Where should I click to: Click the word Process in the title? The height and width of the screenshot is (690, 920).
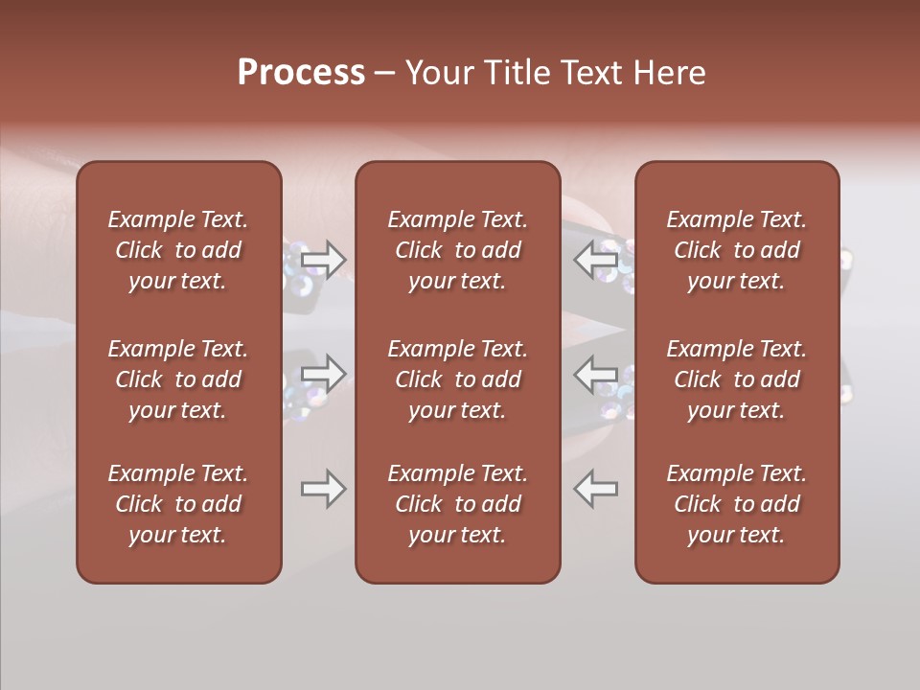(x=301, y=73)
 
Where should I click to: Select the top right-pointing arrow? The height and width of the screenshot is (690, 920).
(x=324, y=259)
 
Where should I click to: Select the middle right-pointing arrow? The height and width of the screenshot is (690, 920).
(x=324, y=374)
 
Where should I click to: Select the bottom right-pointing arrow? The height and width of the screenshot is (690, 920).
(x=324, y=489)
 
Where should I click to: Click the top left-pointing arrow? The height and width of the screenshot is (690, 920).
(x=596, y=259)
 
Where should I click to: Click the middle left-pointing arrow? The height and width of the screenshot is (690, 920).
(x=596, y=374)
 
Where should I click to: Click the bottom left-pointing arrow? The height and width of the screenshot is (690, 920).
(x=596, y=489)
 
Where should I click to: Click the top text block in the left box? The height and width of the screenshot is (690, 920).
(x=178, y=250)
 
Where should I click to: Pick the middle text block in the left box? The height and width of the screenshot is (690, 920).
(x=178, y=379)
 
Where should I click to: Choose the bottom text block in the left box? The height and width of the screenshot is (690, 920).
(x=178, y=504)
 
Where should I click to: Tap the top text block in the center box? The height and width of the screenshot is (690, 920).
(x=457, y=250)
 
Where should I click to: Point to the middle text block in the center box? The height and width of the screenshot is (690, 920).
(x=457, y=379)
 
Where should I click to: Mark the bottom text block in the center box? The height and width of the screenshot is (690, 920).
(x=457, y=504)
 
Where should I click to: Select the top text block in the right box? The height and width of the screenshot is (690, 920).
(x=737, y=250)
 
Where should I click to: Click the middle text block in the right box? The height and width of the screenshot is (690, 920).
(x=737, y=379)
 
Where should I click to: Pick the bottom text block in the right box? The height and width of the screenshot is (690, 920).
(x=737, y=504)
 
